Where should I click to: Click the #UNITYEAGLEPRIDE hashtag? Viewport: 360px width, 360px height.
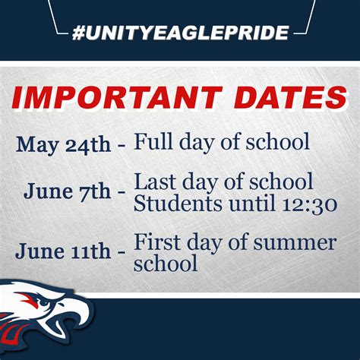pyautogui.click(x=181, y=33)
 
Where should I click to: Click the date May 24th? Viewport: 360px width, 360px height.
pyautogui.click(x=63, y=145)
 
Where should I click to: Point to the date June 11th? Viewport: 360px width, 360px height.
pyautogui.click(x=62, y=251)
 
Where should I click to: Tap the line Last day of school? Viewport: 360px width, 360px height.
pyautogui.click(x=223, y=182)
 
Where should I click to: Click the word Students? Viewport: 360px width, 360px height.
pyautogui.click(x=172, y=204)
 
